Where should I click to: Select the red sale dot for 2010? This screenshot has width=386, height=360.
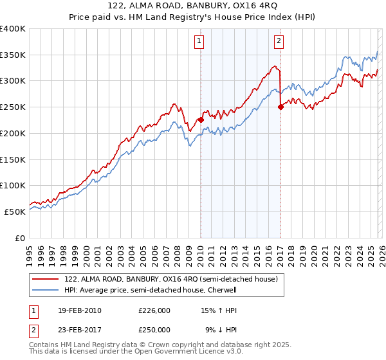tap(201, 119)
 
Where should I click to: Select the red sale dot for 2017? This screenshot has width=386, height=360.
tap(280, 107)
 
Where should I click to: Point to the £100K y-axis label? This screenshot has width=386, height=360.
tap(13, 186)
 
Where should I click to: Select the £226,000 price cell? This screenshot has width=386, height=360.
tap(154, 310)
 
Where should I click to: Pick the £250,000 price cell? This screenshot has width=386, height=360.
tap(154, 329)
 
